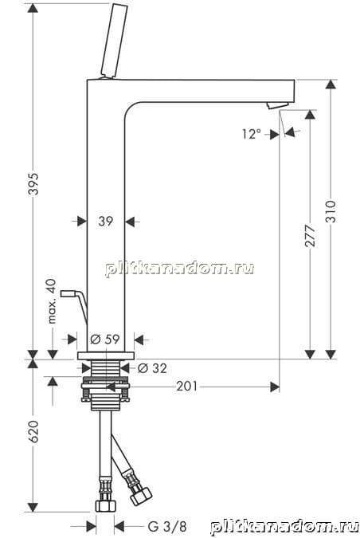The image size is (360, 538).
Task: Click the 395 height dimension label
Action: coord(33,184)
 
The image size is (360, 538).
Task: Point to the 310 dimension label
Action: coord(331,211)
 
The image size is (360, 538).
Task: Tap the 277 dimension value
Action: coord(310,235)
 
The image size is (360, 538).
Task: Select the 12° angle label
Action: coord(252,134)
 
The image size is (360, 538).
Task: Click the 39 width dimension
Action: coord(106,222)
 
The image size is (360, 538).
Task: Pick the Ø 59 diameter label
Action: coord(105,340)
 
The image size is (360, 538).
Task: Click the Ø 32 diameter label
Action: coord(152,368)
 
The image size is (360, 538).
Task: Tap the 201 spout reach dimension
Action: coord(187,387)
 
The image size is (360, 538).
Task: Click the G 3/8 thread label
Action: coord(167,526)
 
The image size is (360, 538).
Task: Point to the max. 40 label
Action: coord(52,301)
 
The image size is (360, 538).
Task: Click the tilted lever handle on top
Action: coord(114,41)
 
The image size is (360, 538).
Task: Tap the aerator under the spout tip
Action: coord(278,105)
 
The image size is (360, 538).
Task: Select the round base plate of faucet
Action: coord(106,355)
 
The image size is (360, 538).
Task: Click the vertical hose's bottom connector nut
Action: coord(106,505)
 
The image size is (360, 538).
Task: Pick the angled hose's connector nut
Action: coord(141,495)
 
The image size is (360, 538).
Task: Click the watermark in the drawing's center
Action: coord(179,269)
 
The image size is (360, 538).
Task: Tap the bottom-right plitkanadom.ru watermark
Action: coord(284,527)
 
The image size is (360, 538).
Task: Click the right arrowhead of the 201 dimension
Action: coord(275,387)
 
